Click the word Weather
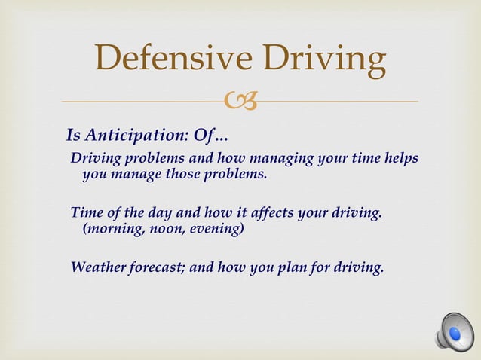point(98,267)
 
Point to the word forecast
point(163,267)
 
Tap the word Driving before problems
point(97,159)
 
